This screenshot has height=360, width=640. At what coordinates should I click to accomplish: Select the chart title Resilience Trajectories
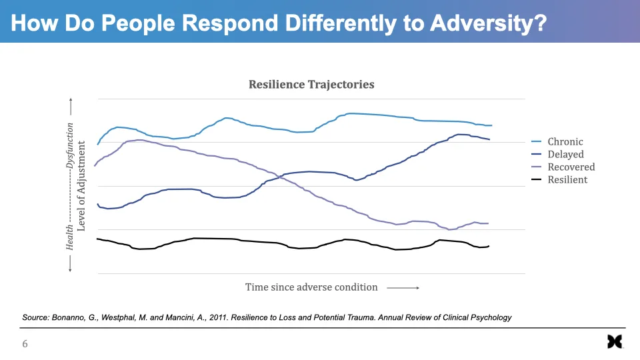311,85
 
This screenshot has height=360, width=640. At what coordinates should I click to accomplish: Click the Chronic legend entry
565,141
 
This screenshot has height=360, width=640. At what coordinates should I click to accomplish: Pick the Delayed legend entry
565,154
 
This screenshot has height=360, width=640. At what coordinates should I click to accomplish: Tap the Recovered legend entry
571,167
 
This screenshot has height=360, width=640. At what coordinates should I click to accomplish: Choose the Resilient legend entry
567,179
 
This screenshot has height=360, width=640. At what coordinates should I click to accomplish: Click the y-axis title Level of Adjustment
81,185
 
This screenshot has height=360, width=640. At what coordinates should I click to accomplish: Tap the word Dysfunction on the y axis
69,145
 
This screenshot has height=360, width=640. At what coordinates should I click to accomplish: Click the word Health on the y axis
69,237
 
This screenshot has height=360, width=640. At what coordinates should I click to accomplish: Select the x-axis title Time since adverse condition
311,287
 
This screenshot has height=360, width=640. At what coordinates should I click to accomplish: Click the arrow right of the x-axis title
403,288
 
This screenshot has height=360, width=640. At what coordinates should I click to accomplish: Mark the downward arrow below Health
69,263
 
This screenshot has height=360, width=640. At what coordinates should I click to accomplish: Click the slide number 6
25,344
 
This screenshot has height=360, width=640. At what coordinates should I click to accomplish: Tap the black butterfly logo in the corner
614,342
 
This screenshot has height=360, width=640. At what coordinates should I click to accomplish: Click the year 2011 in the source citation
215,317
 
